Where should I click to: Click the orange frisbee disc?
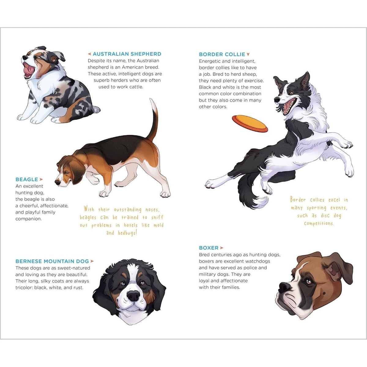pyautogui.click(x=250, y=123)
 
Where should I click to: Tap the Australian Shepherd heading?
pyautogui.click(x=127, y=54)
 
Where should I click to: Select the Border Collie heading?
pyautogui.click(x=222, y=54)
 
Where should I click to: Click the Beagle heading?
pyautogui.click(x=27, y=180)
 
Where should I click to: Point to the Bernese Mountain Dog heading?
pyautogui.click(x=52, y=261)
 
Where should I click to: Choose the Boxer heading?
pyautogui.click(x=209, y=248)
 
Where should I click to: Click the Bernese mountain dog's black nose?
pyautogui.click(x=133, y=295)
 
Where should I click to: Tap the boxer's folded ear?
pyautogui.click(x=335, y=270)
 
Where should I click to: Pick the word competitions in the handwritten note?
pyautogui.click(x=319, y=224)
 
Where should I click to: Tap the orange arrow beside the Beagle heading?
pyautogui.click(x=41, y=180)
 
